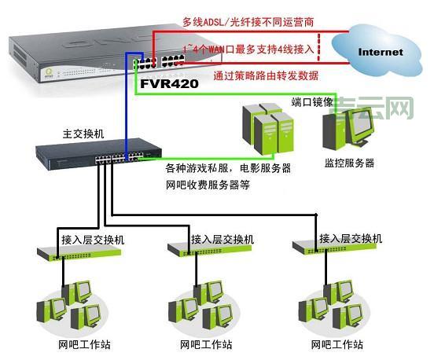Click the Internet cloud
pos(380,51)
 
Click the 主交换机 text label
pos(83,134)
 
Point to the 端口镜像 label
pos(312,102)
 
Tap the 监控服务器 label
pos(348,163)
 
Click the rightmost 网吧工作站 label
pos(337,344)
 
